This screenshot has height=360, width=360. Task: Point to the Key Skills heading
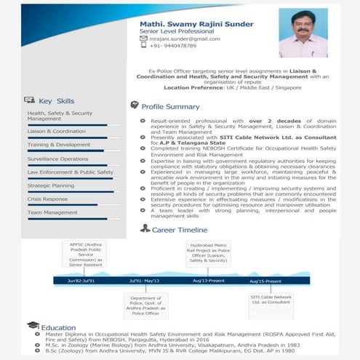(x=56, y=100)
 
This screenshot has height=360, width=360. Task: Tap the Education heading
(x=58, y=327)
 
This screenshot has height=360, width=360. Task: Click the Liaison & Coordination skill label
(x=57, y=132)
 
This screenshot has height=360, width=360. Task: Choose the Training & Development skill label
(x=59, y=145)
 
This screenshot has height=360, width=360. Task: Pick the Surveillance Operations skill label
(x=58, y=159)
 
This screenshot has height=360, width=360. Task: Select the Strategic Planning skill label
(x=51, y=185)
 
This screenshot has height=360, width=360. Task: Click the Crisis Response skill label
(x=47, y=199)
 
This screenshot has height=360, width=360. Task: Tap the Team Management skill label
(x=52, y=212)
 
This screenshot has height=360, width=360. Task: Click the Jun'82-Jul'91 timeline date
(x=82, y=280)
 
